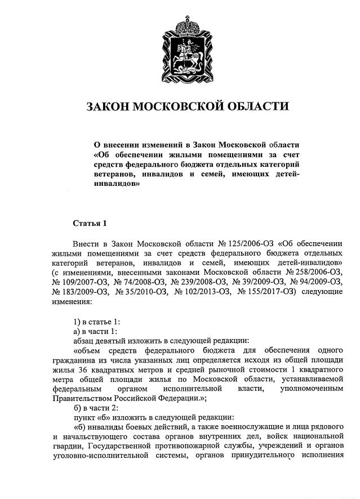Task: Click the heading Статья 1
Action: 90,223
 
